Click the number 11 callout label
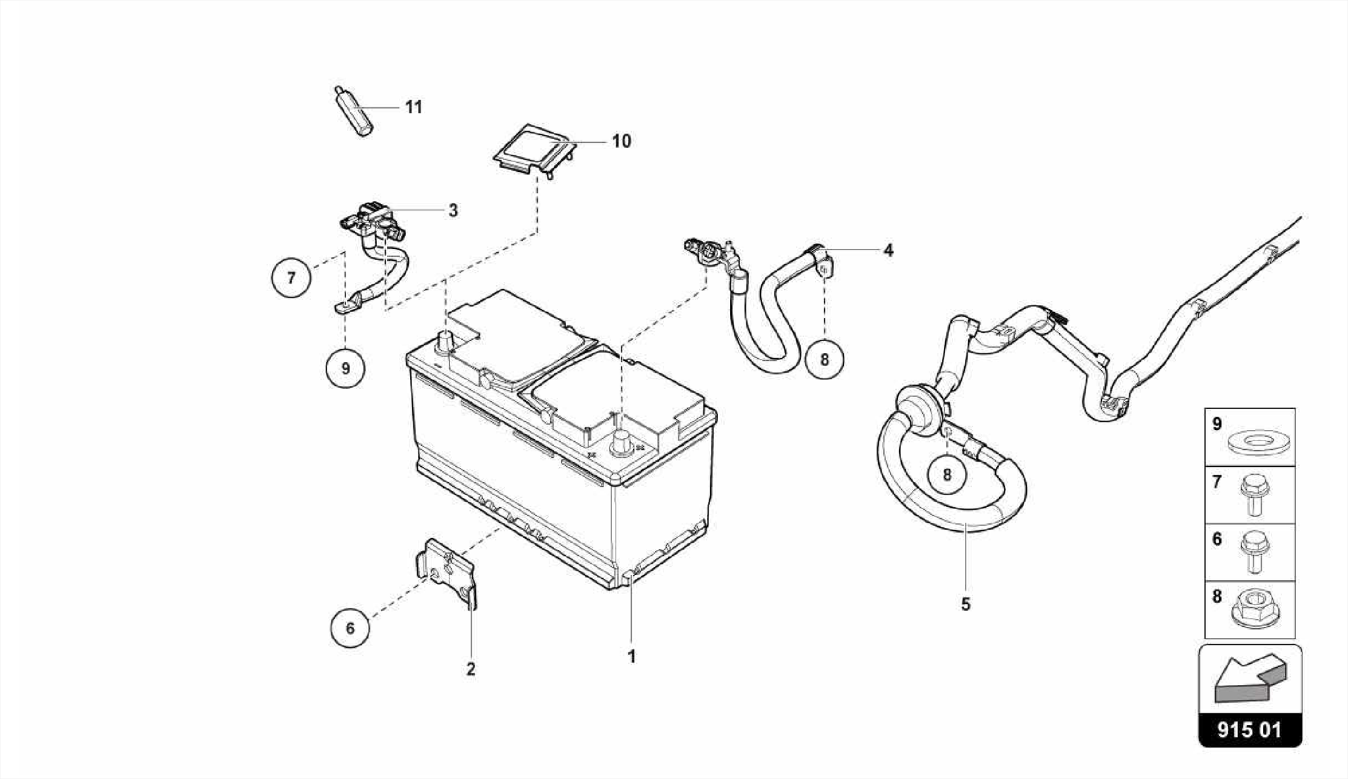(x=413, y=107)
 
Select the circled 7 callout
(x=291, y=278)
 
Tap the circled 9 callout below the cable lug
(x=346, y=368)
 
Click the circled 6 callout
(x=350, y=628)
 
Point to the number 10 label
(x=621, y=141)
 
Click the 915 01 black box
(x=1250, y=730)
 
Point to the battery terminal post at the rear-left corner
(x=446, y=343)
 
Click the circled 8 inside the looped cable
(x=946, y=474)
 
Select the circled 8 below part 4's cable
(x=824, y=360)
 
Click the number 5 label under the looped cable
(x=966, y=604)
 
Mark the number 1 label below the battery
(x=631, y=657)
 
